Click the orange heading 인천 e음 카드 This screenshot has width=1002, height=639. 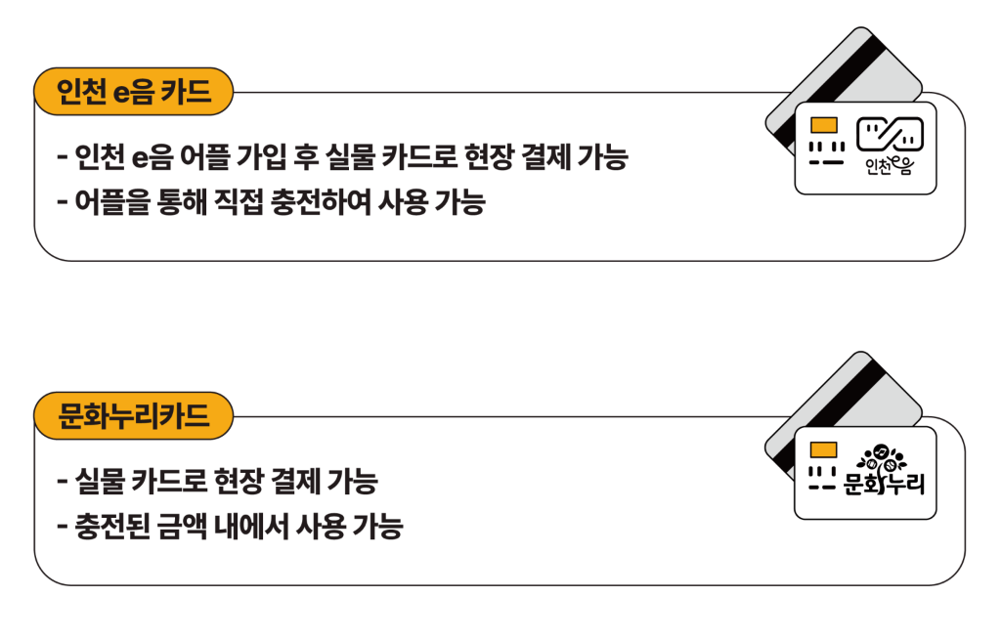click(x=134, y=93)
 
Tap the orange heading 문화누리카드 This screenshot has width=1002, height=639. click(x=134, y=417)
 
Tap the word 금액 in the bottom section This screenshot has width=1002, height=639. click(x=199, y=528)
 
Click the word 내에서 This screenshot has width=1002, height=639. click(x=270, y=528)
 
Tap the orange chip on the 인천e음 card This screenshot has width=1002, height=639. click(x=823, y=125)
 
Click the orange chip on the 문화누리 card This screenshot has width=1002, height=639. click(x=823, y=449)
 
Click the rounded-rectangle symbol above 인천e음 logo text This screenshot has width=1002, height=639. click(x=890, y=135)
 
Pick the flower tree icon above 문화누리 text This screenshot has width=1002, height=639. click(x=883, y=457)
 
